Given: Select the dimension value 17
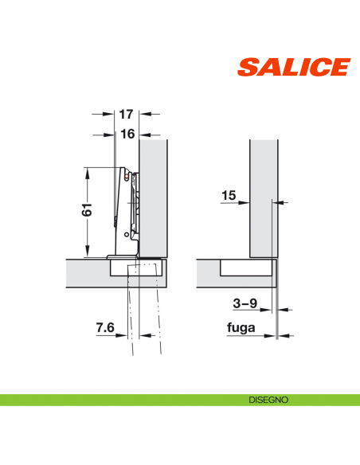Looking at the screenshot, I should [x=126, y=115].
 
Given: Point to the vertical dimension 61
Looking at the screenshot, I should [x=88, y=210].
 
